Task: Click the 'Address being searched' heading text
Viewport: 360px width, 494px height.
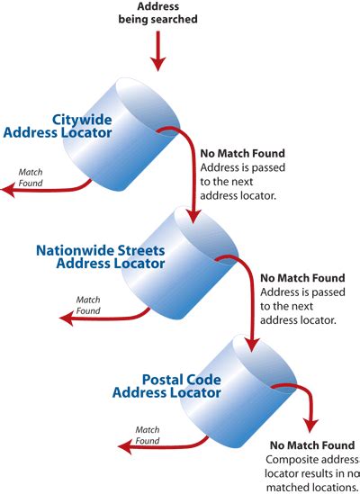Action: tap(157, 13)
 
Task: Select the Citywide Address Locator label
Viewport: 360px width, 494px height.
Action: tap(58, 126)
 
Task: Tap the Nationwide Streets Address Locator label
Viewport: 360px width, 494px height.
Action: tap(100, 256)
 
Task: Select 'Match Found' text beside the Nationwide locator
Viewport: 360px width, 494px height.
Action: tap(88, 305)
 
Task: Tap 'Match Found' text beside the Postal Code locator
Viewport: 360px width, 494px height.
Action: tap(148, 436)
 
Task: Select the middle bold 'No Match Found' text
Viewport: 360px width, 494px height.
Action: tap(298, 279)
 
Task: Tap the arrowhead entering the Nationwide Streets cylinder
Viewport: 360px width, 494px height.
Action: tap(193, 217)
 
